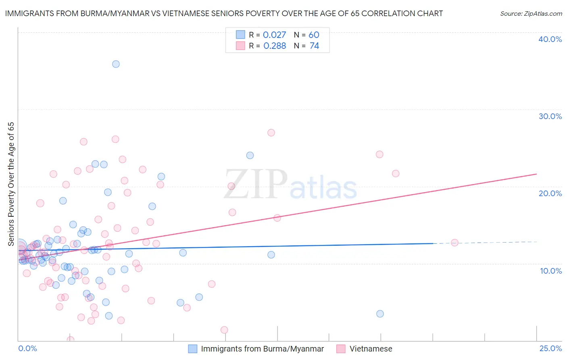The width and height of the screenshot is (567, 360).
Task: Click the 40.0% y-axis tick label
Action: [x=550, y=39]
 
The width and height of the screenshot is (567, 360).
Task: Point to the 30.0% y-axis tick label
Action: [x=550, y=116]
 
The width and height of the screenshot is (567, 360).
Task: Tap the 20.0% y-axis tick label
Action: [x=550, y=193]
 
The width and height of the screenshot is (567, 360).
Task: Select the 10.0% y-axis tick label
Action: [x=551, y=271]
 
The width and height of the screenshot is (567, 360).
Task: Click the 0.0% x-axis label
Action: [x=27, y=348]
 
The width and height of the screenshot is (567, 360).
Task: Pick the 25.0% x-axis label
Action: [x=550, y=348]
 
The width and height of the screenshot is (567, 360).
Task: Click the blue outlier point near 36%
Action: [x=116, y=64]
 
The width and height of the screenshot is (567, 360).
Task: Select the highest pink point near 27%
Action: [x=271, y=133]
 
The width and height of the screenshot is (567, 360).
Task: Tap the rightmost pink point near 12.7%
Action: [x=454, y=243]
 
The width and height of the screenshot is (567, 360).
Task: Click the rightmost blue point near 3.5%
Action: [x=380, y=314]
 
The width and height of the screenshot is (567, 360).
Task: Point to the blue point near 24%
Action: [x=250, y=155]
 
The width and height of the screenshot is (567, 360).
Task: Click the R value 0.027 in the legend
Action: [x=274, y=35]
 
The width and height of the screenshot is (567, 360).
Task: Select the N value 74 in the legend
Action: [x=314, y=46]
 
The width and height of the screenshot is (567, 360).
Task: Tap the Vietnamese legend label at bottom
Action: [x=371, y=349]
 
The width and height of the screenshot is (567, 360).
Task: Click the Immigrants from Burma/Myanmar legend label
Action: [x=262, y=349]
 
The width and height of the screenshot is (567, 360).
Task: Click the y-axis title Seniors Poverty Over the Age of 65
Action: [x=11, y=184]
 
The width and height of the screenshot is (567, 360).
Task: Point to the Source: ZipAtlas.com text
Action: [x=531, y=14]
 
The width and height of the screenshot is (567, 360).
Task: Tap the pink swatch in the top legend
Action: [x=240, y=46]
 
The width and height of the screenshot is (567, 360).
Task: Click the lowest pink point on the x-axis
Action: [x=70, y=339]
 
